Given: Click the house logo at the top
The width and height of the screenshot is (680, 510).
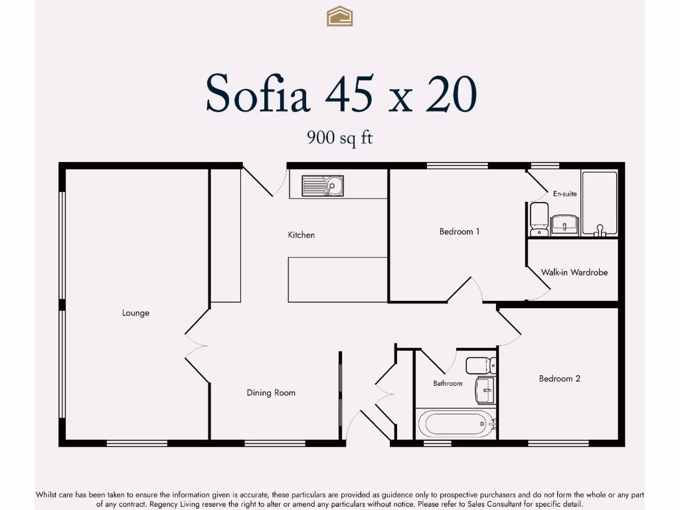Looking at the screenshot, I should pos(339,16).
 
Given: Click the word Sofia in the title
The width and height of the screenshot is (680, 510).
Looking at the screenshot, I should pos(258,94).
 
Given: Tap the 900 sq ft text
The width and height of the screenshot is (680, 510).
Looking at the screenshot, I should pos(339,137).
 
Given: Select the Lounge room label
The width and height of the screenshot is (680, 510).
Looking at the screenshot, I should pos(135,313).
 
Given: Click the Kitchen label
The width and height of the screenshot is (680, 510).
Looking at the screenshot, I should pos(301,234).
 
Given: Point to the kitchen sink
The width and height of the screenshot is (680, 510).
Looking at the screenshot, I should pos(322,186).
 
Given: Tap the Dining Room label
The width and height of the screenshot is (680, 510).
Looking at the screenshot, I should pos(271,392).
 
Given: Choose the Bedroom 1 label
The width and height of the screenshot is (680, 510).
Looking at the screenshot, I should pos(460,232).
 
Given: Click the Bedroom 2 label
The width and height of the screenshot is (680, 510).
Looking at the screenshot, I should pos(559,379).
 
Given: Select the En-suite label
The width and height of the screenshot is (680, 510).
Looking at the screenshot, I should pos(564,194).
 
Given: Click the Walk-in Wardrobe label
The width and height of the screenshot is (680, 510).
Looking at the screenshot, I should pos(574,272).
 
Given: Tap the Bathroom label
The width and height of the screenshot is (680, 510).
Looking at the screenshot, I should pos(448,383).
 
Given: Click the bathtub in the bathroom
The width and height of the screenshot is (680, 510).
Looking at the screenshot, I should pos(456,423).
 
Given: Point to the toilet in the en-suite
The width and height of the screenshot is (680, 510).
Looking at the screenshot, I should pos(539,219).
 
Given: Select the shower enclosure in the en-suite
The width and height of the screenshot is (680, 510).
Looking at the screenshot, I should pos(600,203).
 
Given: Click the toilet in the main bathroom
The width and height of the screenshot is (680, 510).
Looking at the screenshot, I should pos(479,365).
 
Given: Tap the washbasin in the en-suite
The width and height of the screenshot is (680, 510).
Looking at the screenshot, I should pos(565,224).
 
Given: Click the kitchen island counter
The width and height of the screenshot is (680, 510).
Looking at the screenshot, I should pos(337,280).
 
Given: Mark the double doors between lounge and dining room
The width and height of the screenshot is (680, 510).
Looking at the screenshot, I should pos(197,346).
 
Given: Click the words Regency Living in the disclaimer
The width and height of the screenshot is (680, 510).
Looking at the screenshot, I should pos(175,504).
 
